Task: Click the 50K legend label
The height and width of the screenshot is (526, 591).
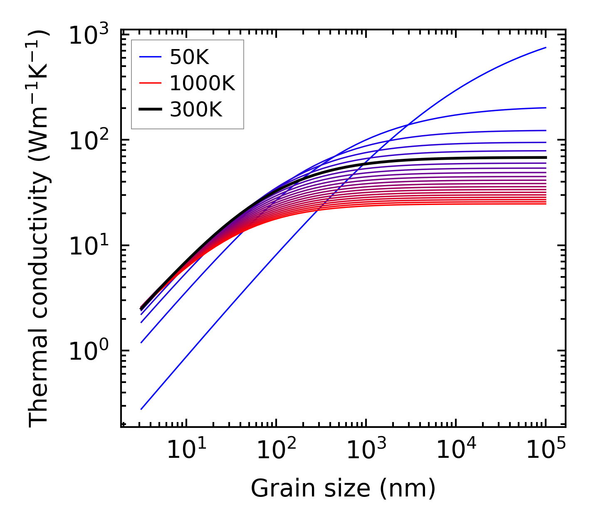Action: (189, 58)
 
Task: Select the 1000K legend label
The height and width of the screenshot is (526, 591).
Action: (202, 84)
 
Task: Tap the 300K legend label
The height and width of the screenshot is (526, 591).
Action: (196, 110)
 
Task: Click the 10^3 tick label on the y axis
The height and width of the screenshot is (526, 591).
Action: (88, 35)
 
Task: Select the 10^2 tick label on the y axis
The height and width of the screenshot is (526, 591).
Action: (88, 141)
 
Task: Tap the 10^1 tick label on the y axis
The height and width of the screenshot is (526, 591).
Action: (88, 246)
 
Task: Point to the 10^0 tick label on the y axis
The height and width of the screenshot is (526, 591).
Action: (88, 351)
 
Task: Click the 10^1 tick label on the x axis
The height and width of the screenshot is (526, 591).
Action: (186, 450)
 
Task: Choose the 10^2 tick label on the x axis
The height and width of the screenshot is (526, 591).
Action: (276, 450)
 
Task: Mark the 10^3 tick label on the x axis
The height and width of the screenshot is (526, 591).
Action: (366, 450)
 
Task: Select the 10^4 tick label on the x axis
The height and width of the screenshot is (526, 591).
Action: (456, 450)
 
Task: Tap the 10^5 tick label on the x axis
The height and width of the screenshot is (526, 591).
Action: (546, 450)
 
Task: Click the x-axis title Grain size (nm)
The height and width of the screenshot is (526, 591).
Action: (343, 488)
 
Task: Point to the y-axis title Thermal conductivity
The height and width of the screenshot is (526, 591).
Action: (39, 228)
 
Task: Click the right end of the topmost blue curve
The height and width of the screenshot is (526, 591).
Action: (546, 48)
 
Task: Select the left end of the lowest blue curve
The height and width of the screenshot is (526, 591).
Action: (141, 409)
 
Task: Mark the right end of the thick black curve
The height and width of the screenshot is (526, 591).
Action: (546, 157)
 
